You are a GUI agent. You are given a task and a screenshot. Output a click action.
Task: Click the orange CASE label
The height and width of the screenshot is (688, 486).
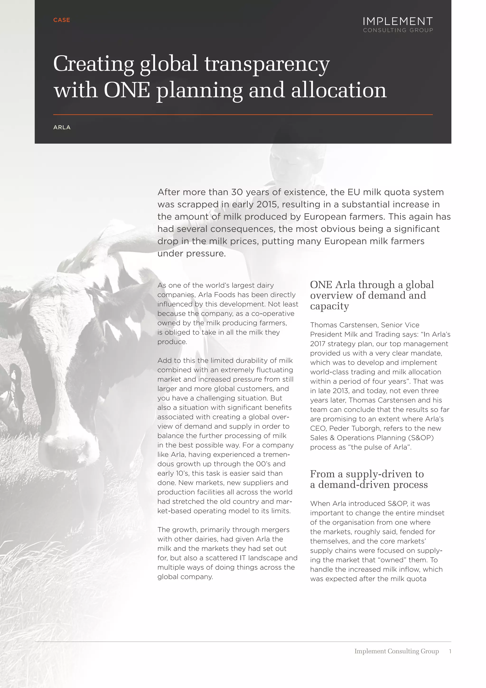point(61,20)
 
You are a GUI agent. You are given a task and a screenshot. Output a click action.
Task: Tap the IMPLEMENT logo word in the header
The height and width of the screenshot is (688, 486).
point(397,21)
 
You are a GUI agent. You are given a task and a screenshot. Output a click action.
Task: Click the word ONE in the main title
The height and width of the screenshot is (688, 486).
point(127,90)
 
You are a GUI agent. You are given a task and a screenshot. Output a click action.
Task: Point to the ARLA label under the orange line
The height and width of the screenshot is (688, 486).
point(62,127)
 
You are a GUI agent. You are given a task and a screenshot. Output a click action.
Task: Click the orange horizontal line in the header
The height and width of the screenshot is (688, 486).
point(243,115)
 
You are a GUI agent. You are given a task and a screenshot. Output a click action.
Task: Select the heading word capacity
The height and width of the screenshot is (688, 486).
point(329,306)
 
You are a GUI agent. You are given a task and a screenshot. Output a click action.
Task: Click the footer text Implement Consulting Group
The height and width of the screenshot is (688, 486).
point(397,651)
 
